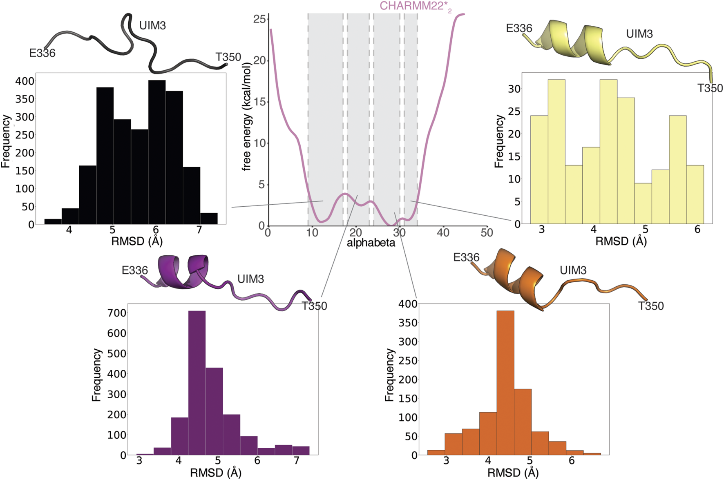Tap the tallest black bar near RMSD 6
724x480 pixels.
coord(157,152)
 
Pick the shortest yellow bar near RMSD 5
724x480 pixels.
coord(644,203)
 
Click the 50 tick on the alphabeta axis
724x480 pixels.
coord(487,233)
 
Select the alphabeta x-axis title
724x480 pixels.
coord(371,243)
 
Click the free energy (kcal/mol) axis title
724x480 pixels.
coord(246,116)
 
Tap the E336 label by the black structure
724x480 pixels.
coord(42,53)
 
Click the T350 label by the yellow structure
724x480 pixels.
coord(710,88)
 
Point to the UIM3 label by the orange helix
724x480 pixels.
coord(573,270)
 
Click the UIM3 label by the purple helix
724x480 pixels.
coord(250,279)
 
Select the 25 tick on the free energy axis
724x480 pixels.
coord(259,19)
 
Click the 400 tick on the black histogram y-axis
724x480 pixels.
coord(25,81)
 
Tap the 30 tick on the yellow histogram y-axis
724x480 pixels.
coord(514,89)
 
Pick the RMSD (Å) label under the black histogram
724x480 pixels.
coord(137,241)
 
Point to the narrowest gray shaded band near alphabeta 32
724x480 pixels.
coord(411,118)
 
